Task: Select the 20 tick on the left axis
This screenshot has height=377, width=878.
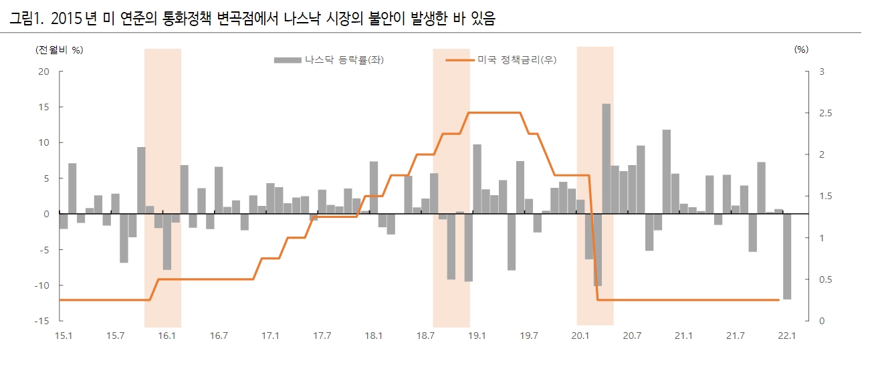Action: pyautogui.click(x=43, y=72)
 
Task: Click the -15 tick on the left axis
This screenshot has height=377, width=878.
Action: pyautogui.click(x=41, y=321)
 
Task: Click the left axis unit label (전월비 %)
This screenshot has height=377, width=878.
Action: pyautogui.click(x=60, y=49)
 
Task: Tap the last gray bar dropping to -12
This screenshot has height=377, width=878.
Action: pyautogui.click(x=787, y=256)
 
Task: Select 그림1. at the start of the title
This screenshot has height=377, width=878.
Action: pyautogui.click(x=26, y=20)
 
